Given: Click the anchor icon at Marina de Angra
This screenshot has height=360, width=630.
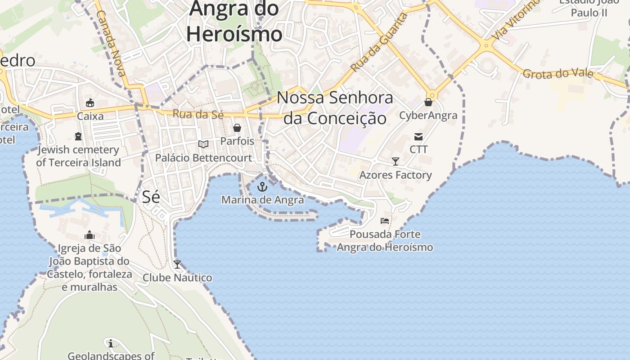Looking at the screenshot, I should pos(262,187).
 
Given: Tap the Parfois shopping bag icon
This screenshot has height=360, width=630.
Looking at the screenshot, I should pos(237,128).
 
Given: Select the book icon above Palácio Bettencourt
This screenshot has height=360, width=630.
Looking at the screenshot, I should pos(203,144).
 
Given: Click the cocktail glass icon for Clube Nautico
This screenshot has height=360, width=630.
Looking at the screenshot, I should pos(177,265).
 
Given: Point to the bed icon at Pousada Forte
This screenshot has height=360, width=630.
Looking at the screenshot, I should pos(385,220).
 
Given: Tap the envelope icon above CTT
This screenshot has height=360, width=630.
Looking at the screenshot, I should pos(418,137).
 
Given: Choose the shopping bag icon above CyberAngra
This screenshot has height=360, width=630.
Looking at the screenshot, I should pos(428,103).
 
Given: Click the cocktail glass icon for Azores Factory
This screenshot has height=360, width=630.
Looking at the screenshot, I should pos(396,162).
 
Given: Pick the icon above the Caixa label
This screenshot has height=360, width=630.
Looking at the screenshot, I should pos(90,103).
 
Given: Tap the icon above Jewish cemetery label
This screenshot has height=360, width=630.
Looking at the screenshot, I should pos(79,136).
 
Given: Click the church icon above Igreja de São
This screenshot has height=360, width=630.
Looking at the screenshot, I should pos(90,235).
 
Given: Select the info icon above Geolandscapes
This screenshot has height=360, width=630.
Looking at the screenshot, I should pos(110,343).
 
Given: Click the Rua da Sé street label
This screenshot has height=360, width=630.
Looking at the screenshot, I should pos(198,114).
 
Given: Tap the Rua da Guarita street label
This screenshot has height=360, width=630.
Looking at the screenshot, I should pos(379,43).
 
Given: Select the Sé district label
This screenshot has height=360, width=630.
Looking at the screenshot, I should pos(151,197).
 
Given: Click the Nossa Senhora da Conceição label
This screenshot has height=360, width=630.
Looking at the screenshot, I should pos(335,108).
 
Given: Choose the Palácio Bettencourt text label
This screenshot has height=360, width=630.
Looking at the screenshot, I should pos(203,158).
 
